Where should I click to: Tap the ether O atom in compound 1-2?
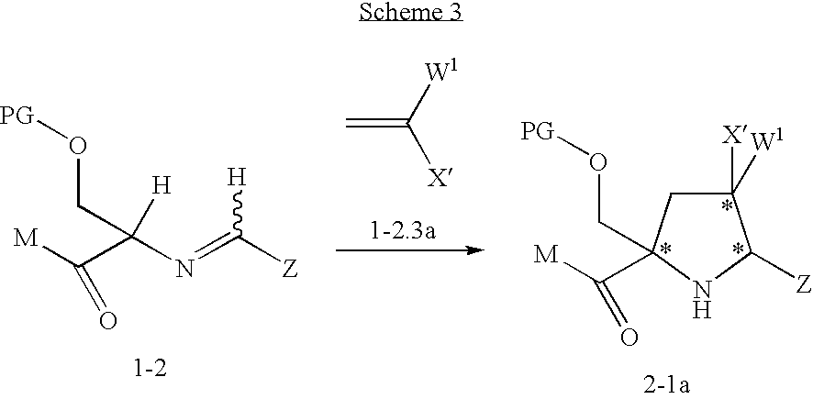(x=77, y=148)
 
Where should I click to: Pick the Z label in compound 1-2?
(x=290, y=270)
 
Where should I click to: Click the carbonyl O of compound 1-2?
(x=108, y=321)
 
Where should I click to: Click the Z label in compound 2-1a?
(x=803, y=284)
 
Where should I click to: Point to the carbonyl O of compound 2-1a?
(x=628, y=337)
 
